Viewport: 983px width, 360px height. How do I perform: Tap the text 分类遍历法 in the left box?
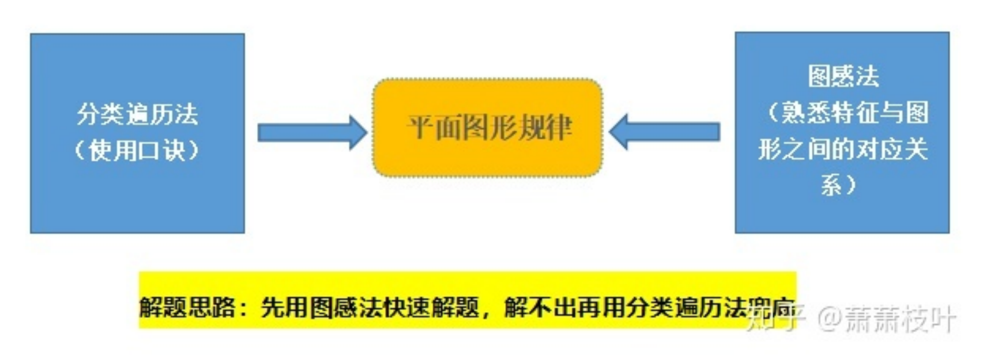[x=137, y=114]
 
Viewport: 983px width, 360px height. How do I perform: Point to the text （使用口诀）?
[x=137, y=150]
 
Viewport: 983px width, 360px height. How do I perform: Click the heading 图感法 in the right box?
[x=843, y=76]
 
